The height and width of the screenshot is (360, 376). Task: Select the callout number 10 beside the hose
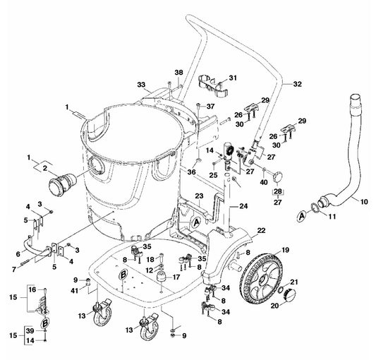point(364,202)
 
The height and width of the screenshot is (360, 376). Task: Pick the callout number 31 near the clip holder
point(232,78)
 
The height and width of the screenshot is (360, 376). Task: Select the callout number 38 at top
point(178,73)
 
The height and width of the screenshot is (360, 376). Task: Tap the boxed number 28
point(278,191)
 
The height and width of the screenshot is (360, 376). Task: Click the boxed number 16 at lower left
point(31,289)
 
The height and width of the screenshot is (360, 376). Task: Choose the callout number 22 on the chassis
point(260,231)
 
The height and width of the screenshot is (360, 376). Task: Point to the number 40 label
point(264,181)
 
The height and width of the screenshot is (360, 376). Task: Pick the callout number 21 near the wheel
point(296,282)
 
